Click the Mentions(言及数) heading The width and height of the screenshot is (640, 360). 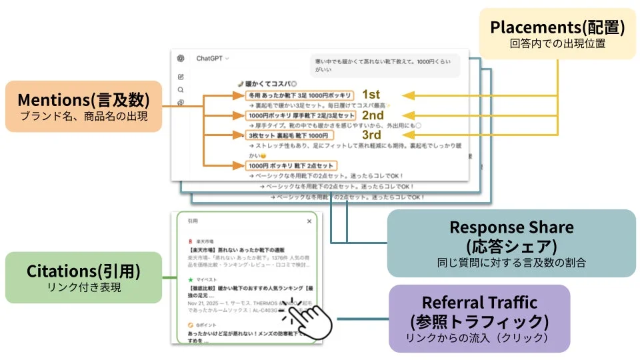click(83, 99)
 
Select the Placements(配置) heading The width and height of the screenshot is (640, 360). click(557, 27)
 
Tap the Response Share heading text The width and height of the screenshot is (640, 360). click(511, 227)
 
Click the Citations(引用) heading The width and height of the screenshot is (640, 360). click(83, 271)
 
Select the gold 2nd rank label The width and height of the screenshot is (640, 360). click(373, 115)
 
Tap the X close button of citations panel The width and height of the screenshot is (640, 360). click(309, 221)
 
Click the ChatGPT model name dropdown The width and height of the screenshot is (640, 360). click(212, 59)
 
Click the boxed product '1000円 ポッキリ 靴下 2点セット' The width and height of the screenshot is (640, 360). click(292, 165)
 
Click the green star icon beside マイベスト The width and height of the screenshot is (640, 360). click(191, 279)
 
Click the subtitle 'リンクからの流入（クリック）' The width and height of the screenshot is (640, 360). click(479, 337)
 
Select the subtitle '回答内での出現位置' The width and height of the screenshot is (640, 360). click(557, 44)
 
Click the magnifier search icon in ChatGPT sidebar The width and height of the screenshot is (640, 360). click(181, 89)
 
